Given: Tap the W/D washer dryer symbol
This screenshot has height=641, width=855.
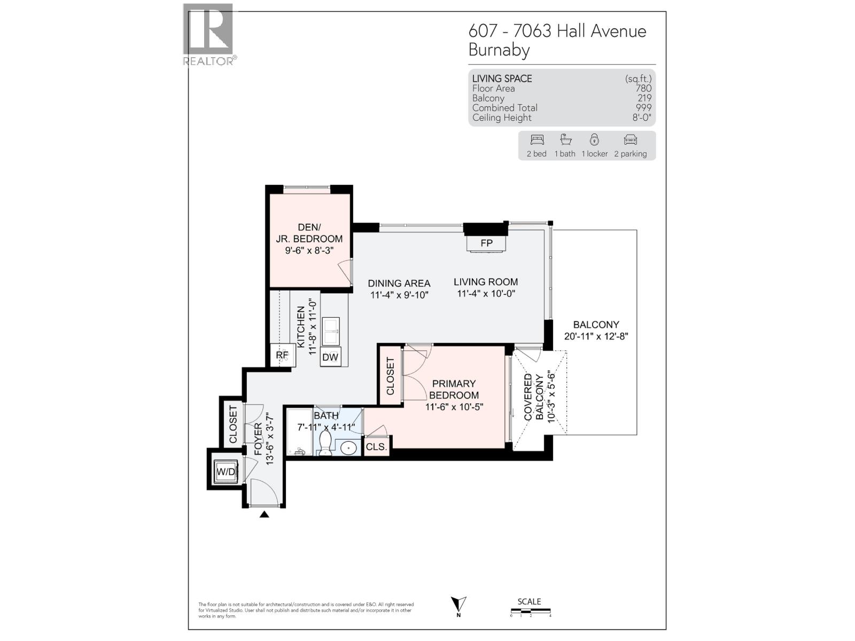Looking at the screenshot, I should (x=226, y=472).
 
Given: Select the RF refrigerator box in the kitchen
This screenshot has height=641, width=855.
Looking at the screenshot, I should (x=282, y=355).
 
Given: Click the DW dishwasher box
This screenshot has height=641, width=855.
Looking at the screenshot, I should (x=330, y=357).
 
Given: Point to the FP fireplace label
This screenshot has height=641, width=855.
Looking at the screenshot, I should (x=486, y=243).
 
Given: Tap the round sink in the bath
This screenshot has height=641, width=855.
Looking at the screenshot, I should (x=349, y=448).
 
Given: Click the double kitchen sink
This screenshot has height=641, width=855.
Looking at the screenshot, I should (x=331, y=331).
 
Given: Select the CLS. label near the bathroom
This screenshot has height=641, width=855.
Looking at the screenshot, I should (x=376, y=447).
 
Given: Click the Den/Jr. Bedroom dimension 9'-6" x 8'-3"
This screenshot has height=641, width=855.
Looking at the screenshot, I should (x=309, y=250).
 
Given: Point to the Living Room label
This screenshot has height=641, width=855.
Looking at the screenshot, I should (x=486, y=282).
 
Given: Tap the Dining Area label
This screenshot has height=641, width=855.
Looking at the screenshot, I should (x=399, y=284).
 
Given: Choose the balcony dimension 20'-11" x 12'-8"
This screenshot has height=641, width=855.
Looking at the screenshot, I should (x=596, y=337).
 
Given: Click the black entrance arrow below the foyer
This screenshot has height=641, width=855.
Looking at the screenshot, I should (x=264, y=514).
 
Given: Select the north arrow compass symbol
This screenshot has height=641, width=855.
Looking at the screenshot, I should (x=458, y=606).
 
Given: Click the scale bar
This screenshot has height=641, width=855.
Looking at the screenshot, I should (x=530, y=611).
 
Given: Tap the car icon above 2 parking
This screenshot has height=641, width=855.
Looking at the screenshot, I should (x=630, y=140).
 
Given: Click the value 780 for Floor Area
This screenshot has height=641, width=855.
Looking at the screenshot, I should (x=643, y=89).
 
